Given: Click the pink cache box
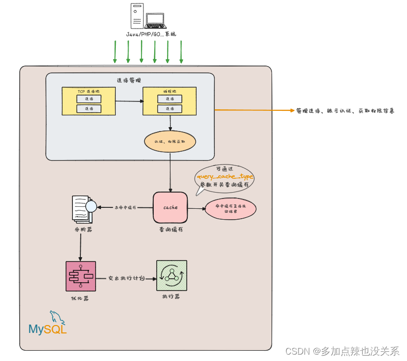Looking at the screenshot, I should click(170, 207).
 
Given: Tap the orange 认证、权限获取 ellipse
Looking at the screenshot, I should click(170, 142).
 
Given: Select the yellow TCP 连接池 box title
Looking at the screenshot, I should click(89, 92).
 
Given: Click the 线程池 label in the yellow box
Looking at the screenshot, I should click(170, 92).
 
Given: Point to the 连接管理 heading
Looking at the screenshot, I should click(129, 80).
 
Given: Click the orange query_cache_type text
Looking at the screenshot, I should click(225, 176).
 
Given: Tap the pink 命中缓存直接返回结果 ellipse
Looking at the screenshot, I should click(231, 209).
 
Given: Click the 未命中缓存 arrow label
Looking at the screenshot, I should click(125, 207).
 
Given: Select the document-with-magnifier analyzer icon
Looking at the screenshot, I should click(82, 208).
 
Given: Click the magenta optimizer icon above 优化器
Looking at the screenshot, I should click(80, 276).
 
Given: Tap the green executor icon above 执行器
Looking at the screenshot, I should click(171, 276).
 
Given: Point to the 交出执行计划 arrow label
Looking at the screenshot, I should click(126, 278).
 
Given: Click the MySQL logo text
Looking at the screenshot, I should click(47, 329).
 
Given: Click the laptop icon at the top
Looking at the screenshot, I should click(155, 20).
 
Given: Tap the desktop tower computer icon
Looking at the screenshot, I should click(137, 16).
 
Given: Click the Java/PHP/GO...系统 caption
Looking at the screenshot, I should click(150, 34).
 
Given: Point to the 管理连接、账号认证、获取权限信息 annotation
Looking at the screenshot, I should click(345, 111).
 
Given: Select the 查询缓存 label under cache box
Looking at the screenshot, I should click(170, 230).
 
